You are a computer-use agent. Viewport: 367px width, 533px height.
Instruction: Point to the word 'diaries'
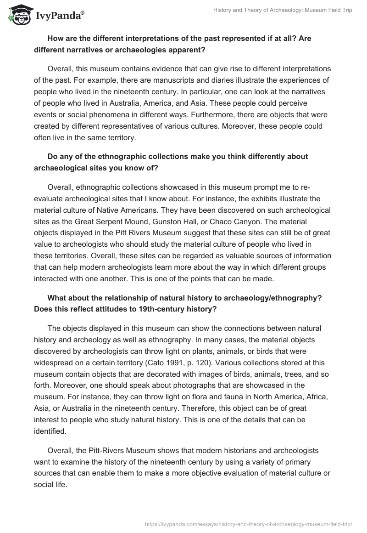[x=206, y=79]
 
